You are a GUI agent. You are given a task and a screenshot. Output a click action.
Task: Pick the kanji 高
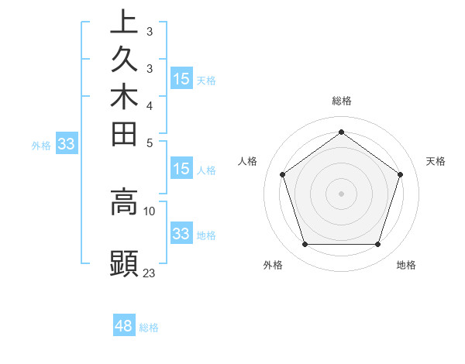click(124, 202)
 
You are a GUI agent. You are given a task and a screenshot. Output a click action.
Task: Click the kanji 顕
click(124, 263)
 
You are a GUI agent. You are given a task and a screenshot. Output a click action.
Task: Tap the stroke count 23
click(150, 273)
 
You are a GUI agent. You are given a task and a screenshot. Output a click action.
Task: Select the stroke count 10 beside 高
click(150, 211)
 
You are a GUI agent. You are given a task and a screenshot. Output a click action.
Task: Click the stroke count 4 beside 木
click(150, 105)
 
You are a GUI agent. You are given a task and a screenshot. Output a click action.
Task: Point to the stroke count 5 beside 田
click(150, 143)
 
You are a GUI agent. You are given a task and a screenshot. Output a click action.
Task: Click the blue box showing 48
click(124, 326)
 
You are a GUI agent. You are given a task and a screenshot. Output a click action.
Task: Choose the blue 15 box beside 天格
click(181, 78)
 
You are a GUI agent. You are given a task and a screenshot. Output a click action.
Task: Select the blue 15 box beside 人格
click(181, 170)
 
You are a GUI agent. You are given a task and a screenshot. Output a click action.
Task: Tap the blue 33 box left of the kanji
click(66, 143)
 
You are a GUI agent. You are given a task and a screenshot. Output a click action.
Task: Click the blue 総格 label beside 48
click(149, 328)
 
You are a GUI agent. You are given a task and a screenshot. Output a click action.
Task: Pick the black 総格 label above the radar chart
click(341, 101)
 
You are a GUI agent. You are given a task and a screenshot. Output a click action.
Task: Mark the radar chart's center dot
click(341, 193)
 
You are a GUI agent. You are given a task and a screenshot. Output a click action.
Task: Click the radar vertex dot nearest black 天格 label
click(400, 174)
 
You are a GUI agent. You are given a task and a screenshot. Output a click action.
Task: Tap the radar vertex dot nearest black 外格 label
click(305, 245)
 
